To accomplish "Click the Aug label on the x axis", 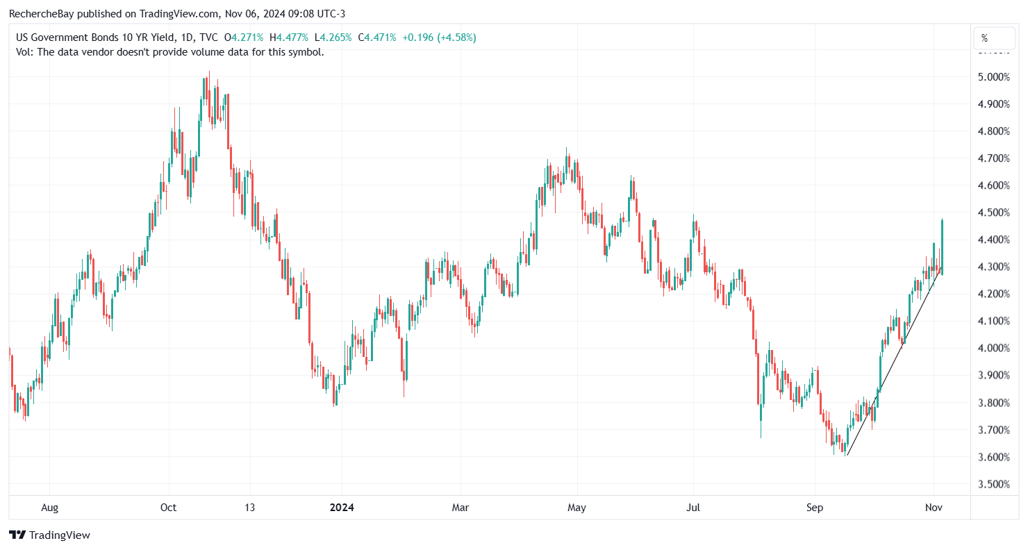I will (49, 508).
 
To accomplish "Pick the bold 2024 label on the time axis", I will (342, 508).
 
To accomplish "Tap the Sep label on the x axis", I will (814, 508).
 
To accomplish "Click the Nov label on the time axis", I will (934, 508).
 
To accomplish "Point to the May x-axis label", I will (577, 508).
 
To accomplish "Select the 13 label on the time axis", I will (250, 508).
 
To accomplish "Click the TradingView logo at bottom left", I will (49, 535).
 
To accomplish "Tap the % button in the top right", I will (984, 38).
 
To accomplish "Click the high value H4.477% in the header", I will (294, 37).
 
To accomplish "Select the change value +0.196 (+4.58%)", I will (438, 37).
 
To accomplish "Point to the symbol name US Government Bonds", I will (63, 37).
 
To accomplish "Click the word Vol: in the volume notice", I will (25, 51).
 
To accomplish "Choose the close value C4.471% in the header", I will (377, 37).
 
